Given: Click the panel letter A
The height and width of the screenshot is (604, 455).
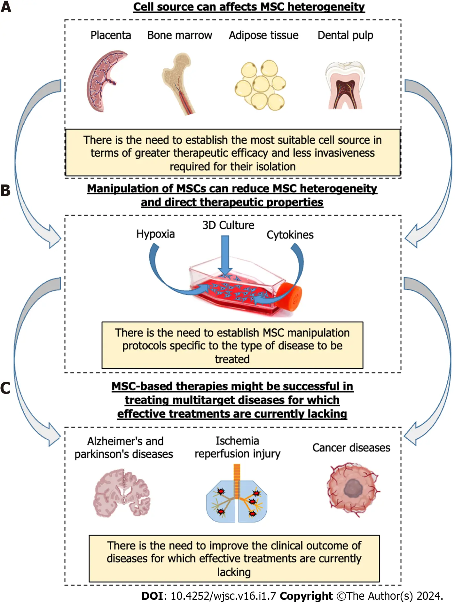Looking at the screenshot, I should pos(6,7).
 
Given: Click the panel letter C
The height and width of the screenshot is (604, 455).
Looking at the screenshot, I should pos(5,388).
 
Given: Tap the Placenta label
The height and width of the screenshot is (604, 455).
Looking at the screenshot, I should pos(111,35).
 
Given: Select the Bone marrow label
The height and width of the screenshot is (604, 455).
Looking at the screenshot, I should pos(179,35).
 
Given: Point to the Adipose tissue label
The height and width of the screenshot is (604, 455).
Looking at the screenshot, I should pos(263,35).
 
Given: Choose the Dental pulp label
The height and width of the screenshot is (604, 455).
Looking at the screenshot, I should pos(345,35).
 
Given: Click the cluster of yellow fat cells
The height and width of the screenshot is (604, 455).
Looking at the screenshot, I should pos(261,85).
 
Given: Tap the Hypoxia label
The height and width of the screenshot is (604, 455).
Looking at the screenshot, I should pos(155,234).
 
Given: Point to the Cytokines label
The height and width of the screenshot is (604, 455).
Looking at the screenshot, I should pos(290,235).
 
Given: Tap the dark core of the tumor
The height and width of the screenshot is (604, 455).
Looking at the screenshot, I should pos(353,489).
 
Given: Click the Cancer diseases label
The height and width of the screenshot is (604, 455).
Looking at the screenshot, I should pos(351,448).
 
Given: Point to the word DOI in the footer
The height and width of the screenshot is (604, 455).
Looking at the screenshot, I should pos(152,596).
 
